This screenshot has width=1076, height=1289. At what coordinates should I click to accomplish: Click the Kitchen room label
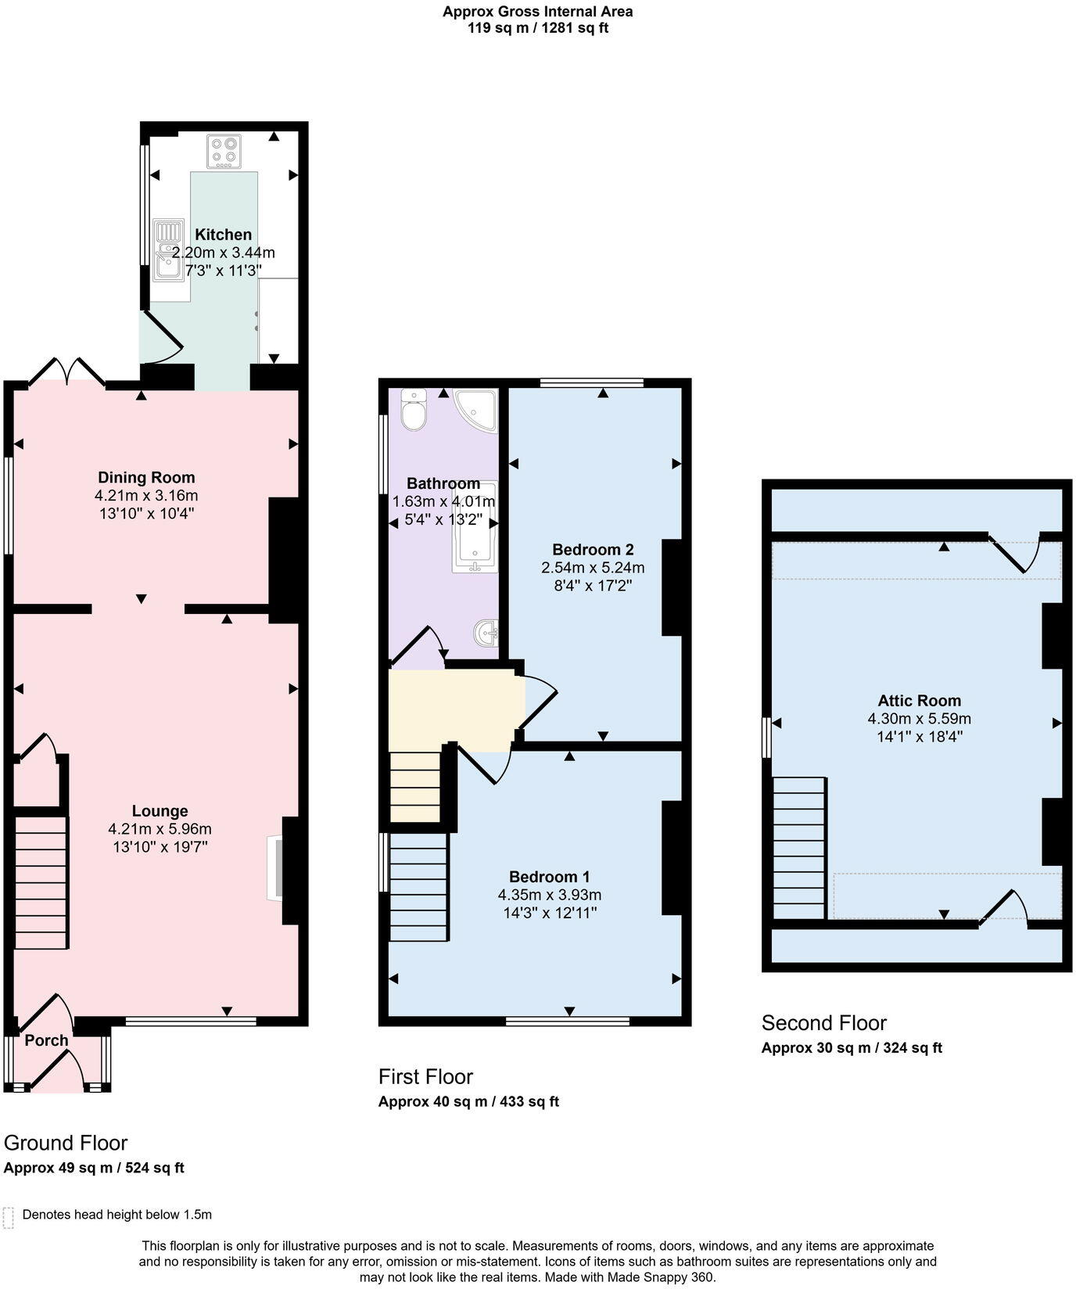coord(223,235)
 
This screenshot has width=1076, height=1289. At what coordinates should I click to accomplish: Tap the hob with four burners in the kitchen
coord(224,152)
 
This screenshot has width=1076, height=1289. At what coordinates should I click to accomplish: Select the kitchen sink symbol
coord(168,250)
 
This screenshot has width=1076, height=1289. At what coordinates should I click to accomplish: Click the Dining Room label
coord(146,477)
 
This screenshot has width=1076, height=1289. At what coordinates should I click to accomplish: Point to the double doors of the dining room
coord(67,372)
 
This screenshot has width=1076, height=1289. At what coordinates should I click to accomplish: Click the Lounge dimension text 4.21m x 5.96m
coord(160,829)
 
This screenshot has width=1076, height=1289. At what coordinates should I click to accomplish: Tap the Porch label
coord(46,1040)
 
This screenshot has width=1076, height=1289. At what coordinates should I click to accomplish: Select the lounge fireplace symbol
coord(274,867)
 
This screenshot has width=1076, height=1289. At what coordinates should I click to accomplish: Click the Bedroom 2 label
coord(593,549)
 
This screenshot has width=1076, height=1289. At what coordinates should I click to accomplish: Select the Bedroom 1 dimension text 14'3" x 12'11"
coord(549,913)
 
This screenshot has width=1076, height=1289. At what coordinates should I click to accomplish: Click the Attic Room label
coord(919,701)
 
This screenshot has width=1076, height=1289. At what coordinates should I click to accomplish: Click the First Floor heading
coord(425,1077)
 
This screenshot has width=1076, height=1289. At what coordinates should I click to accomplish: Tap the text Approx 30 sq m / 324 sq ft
coord(852,1048)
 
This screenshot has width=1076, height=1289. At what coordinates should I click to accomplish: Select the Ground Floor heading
coord(66,1143)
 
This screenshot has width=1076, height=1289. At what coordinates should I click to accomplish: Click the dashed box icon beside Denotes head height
coord(9,1217)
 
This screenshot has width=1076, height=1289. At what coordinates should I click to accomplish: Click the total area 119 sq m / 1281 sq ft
coord(537,28)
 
